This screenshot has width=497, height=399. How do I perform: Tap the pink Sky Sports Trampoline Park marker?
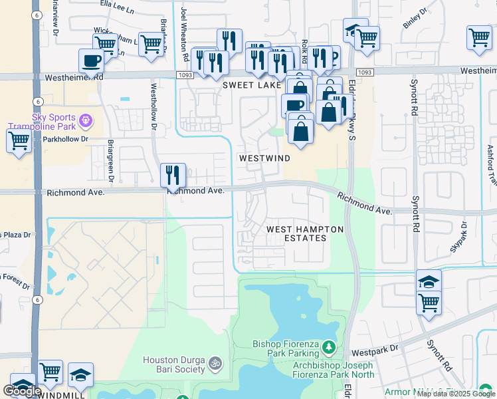85,121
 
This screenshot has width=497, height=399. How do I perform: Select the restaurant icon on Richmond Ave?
173,176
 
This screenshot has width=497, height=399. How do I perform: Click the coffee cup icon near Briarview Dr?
92,61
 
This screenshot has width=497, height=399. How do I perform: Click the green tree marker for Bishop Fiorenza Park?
328,346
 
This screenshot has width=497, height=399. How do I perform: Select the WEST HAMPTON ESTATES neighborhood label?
305,233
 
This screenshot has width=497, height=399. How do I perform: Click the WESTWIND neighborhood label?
264,158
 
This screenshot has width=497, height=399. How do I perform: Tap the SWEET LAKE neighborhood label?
252,85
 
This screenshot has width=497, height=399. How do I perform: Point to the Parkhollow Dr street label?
65,140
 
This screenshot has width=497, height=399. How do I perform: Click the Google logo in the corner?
23,391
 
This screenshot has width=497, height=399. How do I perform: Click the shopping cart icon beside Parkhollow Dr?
19,141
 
